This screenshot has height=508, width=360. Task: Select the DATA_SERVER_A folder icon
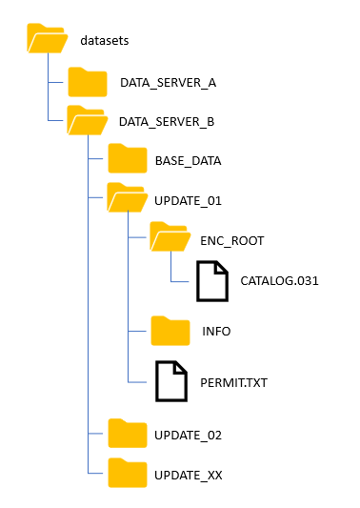pos(88,83)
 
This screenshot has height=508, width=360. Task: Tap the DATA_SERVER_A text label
pos(169,83)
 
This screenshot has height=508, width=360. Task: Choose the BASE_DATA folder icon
pos(127,160)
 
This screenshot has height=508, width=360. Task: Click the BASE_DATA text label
pos(188,160)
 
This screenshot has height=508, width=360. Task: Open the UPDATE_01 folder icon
pos(127,199)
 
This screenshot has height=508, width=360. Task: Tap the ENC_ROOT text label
pos(231,240)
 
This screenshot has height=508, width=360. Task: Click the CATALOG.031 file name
pos(279,280)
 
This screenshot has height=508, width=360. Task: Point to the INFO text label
pos(216,332)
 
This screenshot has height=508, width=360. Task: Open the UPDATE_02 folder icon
pos(127,434)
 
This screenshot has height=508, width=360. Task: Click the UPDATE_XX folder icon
pos(127,473)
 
